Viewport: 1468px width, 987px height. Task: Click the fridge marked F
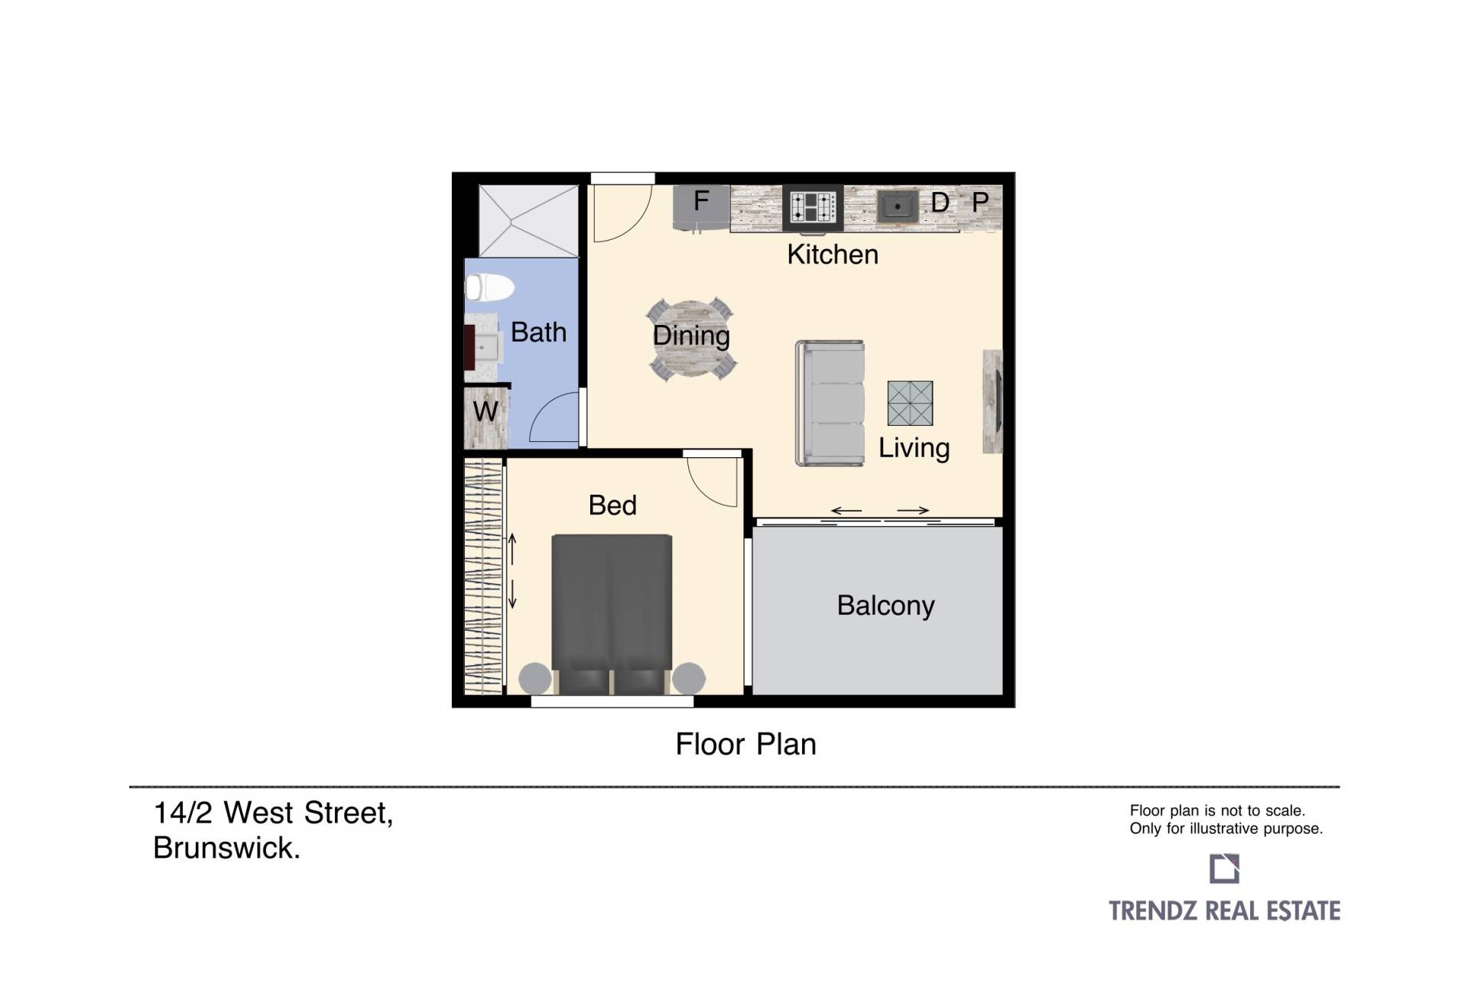[x=701, y=206]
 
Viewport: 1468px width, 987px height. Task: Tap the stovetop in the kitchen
[x=813, y=207]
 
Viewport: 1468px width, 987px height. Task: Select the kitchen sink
[x=897, y=206]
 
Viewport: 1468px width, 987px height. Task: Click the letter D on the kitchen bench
[x=940, y=203]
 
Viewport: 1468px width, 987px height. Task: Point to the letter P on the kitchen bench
[x=980, y=203]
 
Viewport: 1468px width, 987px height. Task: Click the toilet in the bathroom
[x=489, y=288]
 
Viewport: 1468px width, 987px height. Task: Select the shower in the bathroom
[x=528, y=220]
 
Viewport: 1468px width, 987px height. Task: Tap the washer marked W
[x=486, y=417]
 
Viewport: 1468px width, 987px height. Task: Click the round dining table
[x=691, y=339]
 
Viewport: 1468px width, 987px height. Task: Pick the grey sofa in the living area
[x=830, y=403]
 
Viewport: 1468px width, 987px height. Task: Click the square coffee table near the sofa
[x=910, y=403]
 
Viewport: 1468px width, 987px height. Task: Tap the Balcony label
[x=885, y=606]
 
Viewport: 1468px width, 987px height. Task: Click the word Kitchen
[x=833, y=255]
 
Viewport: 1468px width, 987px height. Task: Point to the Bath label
[x=538, y=333]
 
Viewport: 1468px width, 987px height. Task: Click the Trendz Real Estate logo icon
[x=1224, y=868]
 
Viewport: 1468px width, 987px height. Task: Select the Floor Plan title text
[x=745, y=744]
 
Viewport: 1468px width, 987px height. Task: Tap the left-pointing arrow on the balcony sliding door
[x=846, y=510]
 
